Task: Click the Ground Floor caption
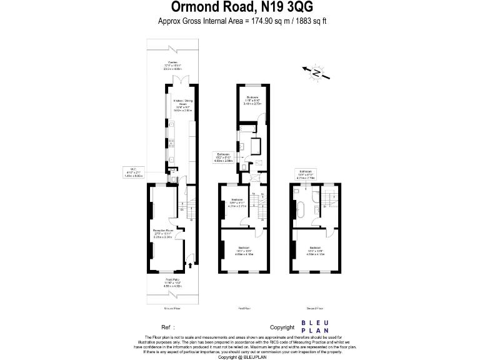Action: click(172, 308)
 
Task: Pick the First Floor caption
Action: click(244, 308)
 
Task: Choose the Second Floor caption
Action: click(314, 308)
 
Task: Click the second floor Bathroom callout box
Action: click(306, 174)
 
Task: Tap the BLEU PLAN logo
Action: click(316, 327)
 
